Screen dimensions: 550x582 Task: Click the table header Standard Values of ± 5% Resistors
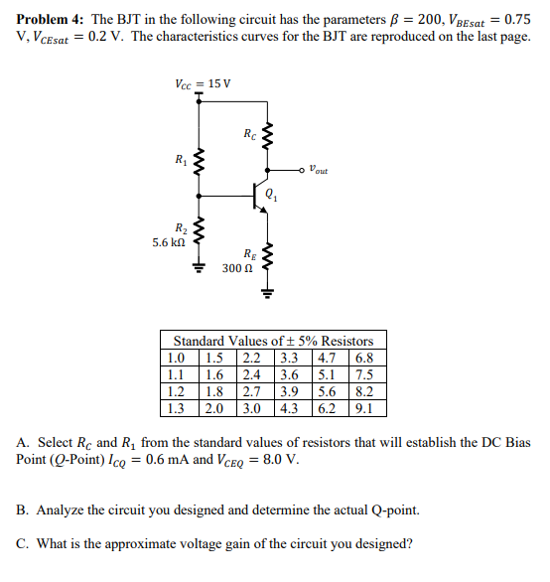click(x=274, y=341)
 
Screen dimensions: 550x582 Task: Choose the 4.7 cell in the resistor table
click(x=327, y=358)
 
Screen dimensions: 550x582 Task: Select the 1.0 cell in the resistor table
click(x=178, y=358)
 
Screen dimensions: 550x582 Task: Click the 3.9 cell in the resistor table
click(x=290, y=390)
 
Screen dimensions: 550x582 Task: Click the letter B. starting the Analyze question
click(x=23, y=509)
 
